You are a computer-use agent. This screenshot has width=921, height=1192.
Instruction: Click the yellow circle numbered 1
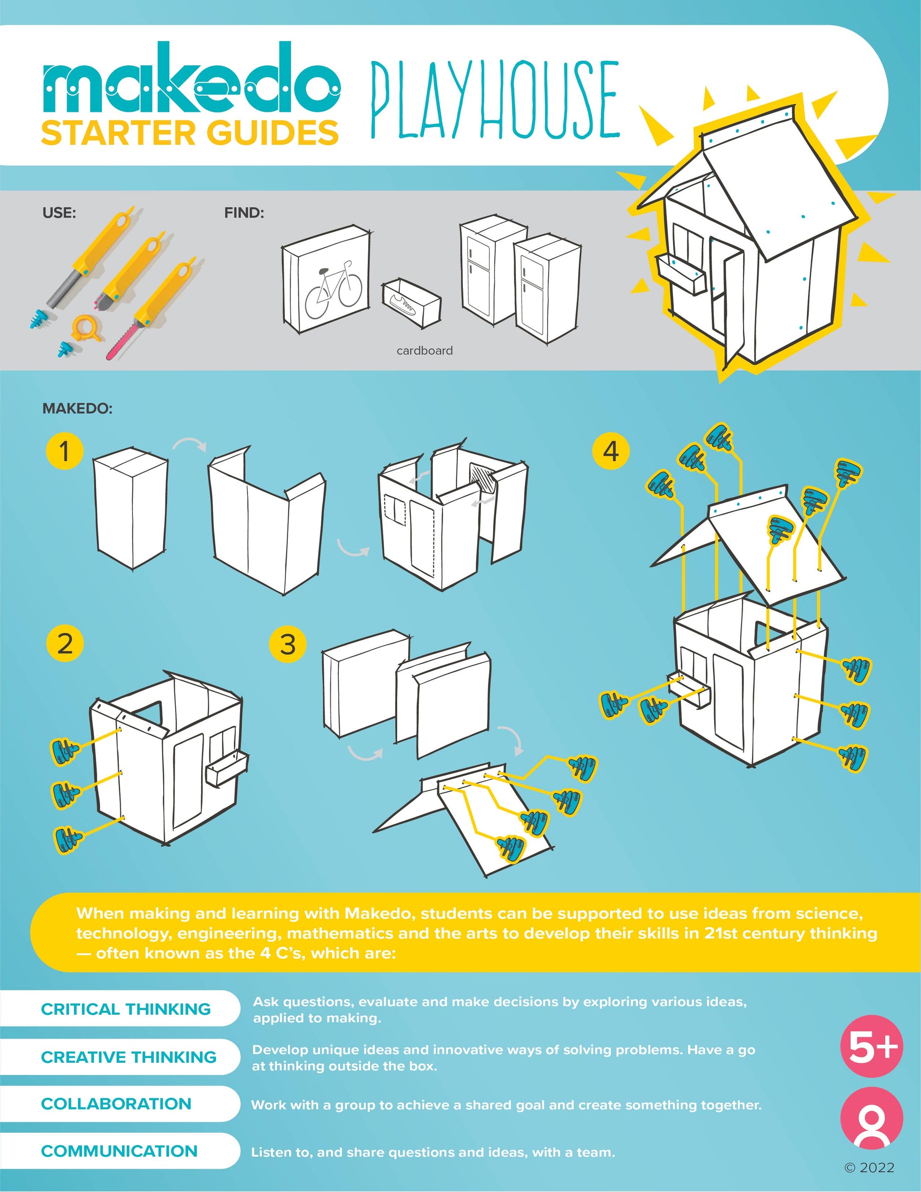click(x=64, y=451)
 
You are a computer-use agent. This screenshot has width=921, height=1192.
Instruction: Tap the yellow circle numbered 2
click(x=65, y=643)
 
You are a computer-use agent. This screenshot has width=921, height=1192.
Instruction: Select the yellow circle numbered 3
click(x=288, y=644)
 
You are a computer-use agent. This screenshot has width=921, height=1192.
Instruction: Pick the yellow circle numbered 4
click(x=611, y=451)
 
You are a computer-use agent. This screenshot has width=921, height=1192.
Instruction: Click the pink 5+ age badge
click(x=872, y=1046)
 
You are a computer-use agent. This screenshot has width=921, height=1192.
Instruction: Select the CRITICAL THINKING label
click(x=126, y=1009)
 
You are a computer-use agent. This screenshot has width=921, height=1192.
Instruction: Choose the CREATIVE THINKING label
click(x=129, y=1057)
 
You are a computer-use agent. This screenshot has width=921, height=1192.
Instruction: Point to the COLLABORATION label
click(x=116, y=1103)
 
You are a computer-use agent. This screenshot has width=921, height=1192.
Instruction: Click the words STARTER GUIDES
click(x=190, y=133)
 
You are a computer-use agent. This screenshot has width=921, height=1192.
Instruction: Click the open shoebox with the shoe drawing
click(x=411, y=302)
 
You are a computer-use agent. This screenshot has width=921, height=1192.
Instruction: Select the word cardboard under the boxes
click(x=425, y=350)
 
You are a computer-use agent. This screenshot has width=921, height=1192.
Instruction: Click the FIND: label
click(x=244, y=213)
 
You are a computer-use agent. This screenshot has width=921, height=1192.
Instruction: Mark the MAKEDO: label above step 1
click(x=78, y=409)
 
